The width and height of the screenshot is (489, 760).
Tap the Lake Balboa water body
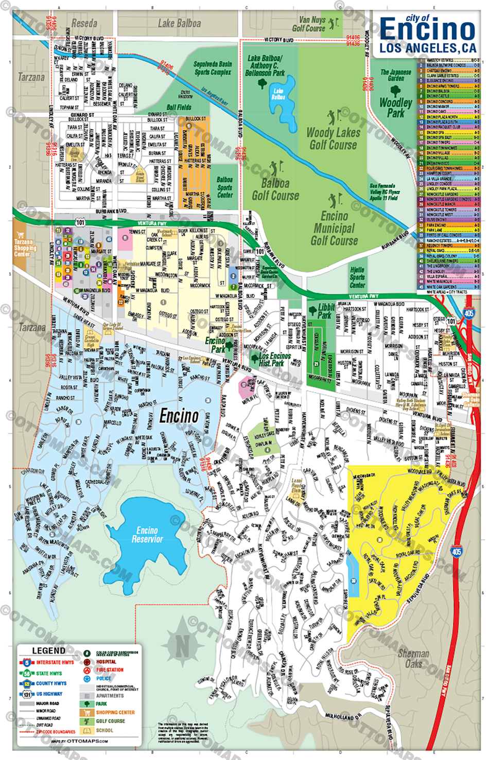(x=278, y=94)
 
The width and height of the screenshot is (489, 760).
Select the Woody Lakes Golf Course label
(x=333, y=138)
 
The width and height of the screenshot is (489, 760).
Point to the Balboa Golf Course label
(x=275, y=189)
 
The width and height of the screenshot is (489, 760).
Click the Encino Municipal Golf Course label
(x=334, y=228)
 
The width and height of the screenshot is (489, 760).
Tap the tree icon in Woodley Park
(x=395, y=91)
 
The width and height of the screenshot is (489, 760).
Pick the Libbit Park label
(x=326, y=311)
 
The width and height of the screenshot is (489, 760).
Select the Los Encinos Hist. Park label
(x=274, y=359)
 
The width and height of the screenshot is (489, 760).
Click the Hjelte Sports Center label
(x=357, y=277)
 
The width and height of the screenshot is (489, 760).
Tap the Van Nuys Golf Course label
(x=309, y=24)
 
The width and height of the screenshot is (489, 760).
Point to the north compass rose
(x=182, y=643)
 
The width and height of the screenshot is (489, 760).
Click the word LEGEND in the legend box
(x=49, y=650)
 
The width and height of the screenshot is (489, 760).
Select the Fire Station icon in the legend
(x=87, y=670)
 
